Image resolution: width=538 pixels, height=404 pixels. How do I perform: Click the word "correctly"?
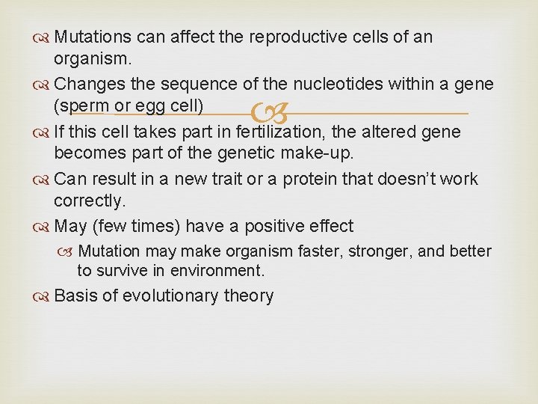click(87, 202)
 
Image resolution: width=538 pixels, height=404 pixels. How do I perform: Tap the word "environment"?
click(216, 270)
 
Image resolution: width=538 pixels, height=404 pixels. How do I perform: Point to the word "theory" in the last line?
click(249, 296)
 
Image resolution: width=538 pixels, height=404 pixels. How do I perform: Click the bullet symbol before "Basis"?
click(43, 296)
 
